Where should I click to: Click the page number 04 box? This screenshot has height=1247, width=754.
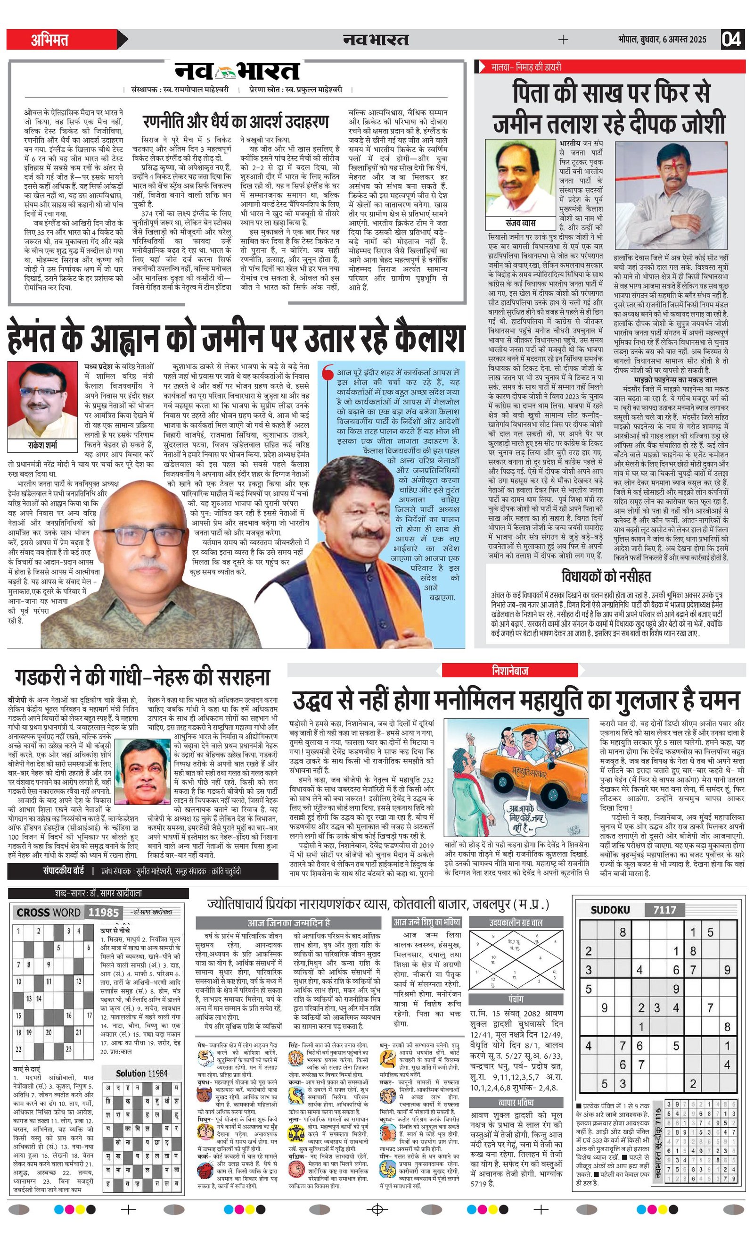tap(732, 39)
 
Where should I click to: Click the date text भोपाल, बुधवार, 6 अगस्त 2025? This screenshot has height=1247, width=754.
tap(663, 40)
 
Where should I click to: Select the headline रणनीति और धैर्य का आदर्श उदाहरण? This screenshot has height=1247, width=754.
tap(236, 122)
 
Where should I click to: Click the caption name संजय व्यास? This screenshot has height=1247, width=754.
tap(520, 223)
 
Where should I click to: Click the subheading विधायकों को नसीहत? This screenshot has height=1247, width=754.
tap(606, 576)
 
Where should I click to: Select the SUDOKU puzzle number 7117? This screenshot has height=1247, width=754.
tap(664, 910)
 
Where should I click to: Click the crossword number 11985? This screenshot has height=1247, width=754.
tap(103, 913)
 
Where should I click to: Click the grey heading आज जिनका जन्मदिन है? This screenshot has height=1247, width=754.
tap(288, 923)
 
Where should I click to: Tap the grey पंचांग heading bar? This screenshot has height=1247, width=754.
tap(516, 999)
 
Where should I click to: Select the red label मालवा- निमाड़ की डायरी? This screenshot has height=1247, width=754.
tap(526, 67)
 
